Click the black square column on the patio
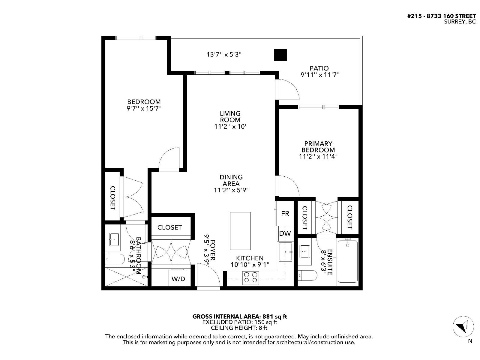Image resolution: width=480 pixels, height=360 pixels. coord(280,55)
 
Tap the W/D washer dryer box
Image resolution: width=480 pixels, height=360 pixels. coord(178,278)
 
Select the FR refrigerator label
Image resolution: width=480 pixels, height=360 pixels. coord(285,213)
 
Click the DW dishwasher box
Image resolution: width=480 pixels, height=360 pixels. coord(285,233)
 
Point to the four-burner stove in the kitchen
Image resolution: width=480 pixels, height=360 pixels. coord(251,277)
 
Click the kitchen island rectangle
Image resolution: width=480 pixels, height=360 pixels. coord(240,231)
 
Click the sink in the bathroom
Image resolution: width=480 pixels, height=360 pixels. coord(114,239)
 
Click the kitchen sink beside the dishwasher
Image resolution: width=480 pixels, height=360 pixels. coord(285,252)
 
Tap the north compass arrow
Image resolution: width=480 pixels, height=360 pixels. coord(463,327)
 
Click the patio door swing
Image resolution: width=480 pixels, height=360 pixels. coord(288,89)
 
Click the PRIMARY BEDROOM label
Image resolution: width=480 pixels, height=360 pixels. coord(318,147)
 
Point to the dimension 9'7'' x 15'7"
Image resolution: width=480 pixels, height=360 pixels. coord(144,108)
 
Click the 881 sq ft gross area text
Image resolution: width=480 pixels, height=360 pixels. coord(275,316)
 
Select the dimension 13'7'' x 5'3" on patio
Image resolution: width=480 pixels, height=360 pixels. coord(224,54)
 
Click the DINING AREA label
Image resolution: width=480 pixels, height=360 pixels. coord(231,180)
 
